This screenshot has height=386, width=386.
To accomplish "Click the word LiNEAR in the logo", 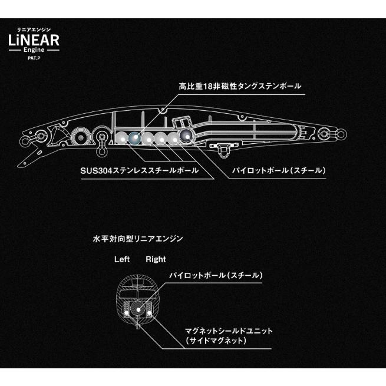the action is (34, 40).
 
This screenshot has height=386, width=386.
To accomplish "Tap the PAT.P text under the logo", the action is (34, 58).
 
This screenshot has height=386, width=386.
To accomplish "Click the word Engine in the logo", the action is (34, 50).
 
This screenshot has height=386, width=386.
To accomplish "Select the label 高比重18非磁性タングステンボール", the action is (240, 86).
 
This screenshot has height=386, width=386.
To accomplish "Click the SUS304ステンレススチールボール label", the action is (139, 170).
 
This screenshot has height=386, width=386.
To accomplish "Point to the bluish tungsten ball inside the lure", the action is (134, 138).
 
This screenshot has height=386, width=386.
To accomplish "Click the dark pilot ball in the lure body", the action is (187, 136).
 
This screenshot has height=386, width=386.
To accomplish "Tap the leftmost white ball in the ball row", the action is (121, 138).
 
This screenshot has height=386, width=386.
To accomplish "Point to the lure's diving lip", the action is (29, 157).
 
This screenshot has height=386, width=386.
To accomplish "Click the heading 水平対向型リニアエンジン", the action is (138, 239).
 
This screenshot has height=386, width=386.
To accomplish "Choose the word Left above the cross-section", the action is (122, 259).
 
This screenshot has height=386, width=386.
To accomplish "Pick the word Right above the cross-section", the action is (156, 259).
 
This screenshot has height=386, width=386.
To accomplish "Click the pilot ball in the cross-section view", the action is (138, 309).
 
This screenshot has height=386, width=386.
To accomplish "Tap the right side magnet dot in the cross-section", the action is (149, 313).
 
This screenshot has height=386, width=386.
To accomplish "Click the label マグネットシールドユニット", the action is (229, 331).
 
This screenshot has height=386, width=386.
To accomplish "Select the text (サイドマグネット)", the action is (216, 341).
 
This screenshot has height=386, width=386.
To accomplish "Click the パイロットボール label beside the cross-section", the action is (216, 275).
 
